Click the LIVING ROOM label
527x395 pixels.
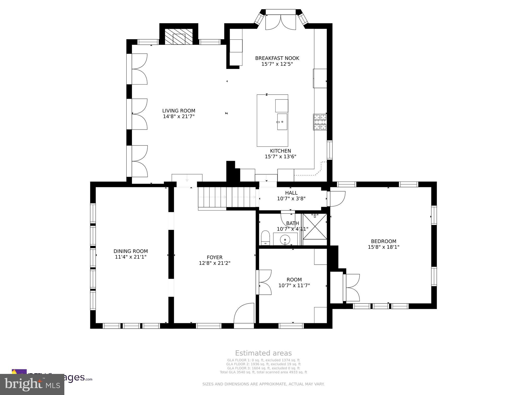point(179,111)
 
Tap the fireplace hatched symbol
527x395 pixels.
point(179,37)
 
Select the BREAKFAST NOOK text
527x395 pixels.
point(277,58)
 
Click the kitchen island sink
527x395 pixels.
point(282,122)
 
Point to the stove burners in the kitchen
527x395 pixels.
point(320,122)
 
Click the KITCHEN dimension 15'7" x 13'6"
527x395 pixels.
point(280,157)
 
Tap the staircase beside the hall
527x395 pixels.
point(228,197)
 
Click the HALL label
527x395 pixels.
point(291,193)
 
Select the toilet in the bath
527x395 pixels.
point(265,238)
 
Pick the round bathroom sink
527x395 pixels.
point(285,240)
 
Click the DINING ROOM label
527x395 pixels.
point(131,251)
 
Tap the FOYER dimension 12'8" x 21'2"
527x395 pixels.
point(215,263)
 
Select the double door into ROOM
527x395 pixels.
point(265,282)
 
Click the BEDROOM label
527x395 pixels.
point(383,241)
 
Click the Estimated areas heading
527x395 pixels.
point(263,353)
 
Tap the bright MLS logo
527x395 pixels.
point(32,384)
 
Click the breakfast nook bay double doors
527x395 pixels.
point(280,23)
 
